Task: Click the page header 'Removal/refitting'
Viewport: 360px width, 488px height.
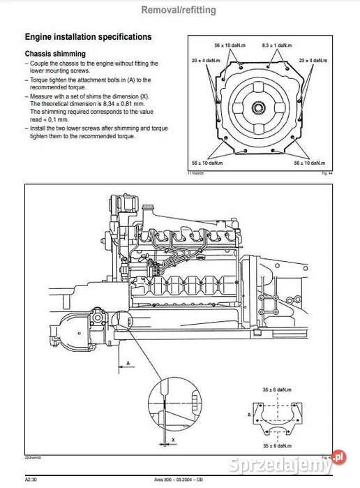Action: click(179, 10)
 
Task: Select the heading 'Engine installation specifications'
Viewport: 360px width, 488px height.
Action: click(88, 36)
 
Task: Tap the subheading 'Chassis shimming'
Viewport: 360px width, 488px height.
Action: click(55, 53)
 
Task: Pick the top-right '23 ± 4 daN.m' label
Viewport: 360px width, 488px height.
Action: click(313, 61)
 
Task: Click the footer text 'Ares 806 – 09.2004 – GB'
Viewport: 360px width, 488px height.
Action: click(182, 480)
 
